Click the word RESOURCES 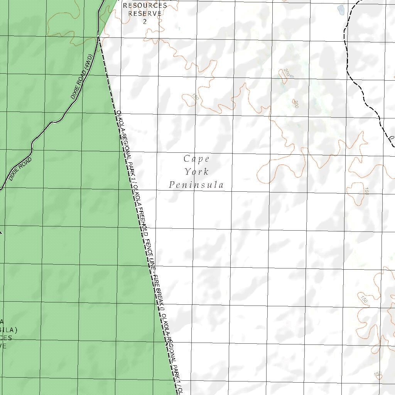145,5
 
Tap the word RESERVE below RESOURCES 145,13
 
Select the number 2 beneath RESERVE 145,21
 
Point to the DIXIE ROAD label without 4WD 20,169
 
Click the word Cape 196,159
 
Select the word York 196,172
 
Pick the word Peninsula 196,185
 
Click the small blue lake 341,9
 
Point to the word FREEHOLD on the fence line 142,218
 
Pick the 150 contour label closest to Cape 195,97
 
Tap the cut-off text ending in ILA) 8,330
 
